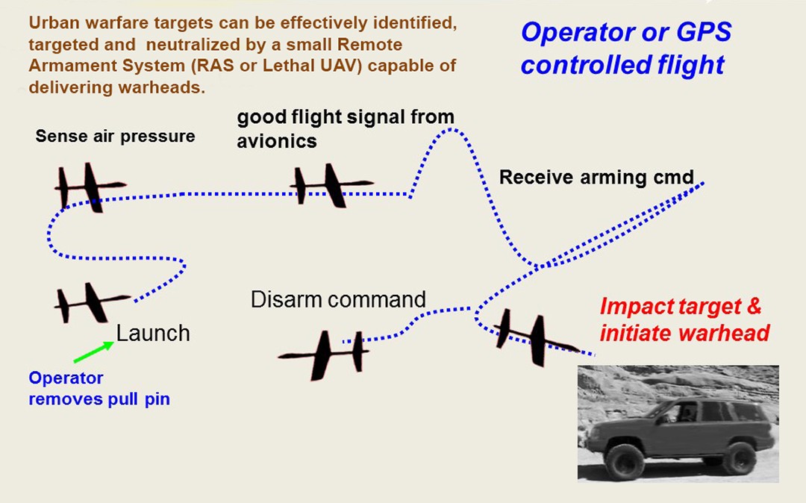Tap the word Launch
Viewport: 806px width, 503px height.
click(153, 333)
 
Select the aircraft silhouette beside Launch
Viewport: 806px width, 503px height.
click(90, 302)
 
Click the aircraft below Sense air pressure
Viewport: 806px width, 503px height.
click(88, 187)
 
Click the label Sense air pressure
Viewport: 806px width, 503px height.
click(115, 136)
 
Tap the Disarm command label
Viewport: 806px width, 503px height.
click(338, 300)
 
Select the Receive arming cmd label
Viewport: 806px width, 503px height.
click(596, 178)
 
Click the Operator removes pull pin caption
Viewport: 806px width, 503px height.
click(99, 389)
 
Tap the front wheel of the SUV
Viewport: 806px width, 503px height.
click(625, 461)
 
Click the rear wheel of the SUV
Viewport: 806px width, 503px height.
click(739, 457)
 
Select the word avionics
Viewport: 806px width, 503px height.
click(277, 141)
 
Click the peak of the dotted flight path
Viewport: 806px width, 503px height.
click(449, 129)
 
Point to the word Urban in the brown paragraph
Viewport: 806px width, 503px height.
click(51, 22)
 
